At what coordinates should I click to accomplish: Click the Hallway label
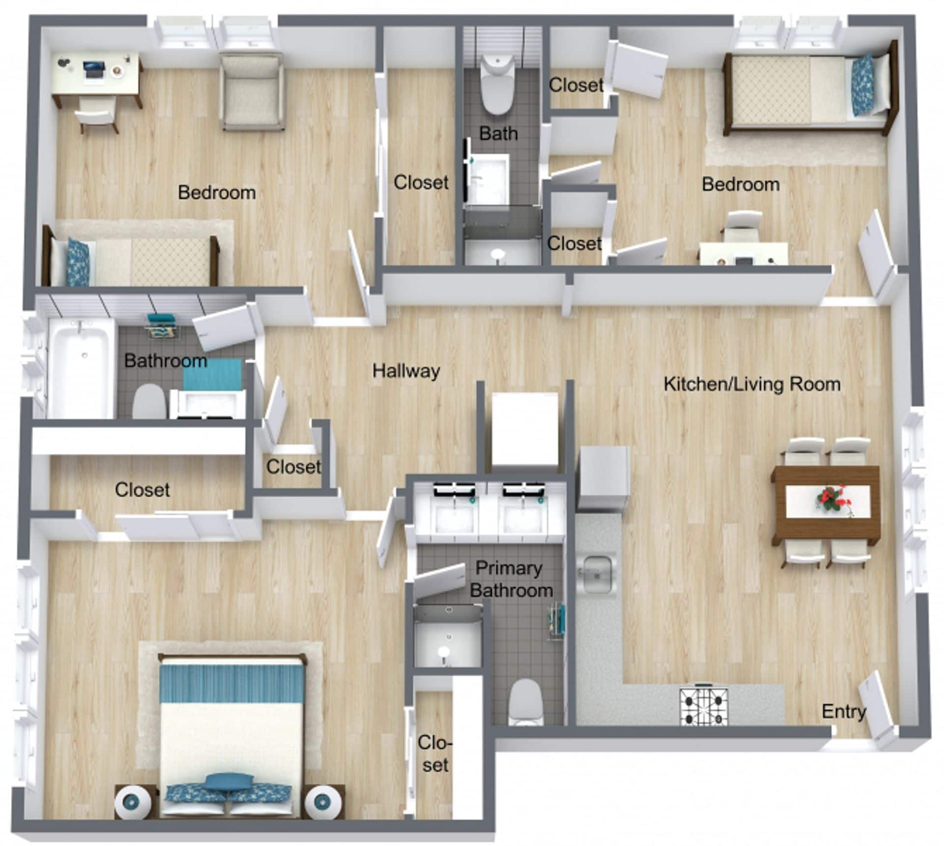click(406, 371)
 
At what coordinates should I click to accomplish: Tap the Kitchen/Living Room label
click(752, 384)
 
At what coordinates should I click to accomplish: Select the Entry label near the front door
click(843, 712)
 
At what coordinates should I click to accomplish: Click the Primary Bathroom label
click(510, 579)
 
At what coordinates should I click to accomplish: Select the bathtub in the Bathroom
click(81, 367)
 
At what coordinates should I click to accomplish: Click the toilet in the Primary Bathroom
click(526, 701)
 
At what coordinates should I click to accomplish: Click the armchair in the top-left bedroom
click(252, 93)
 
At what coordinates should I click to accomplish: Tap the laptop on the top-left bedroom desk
click(94, 69)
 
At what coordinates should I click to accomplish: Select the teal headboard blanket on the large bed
click(231, 684)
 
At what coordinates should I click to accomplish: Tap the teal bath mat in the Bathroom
click(212, 376)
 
